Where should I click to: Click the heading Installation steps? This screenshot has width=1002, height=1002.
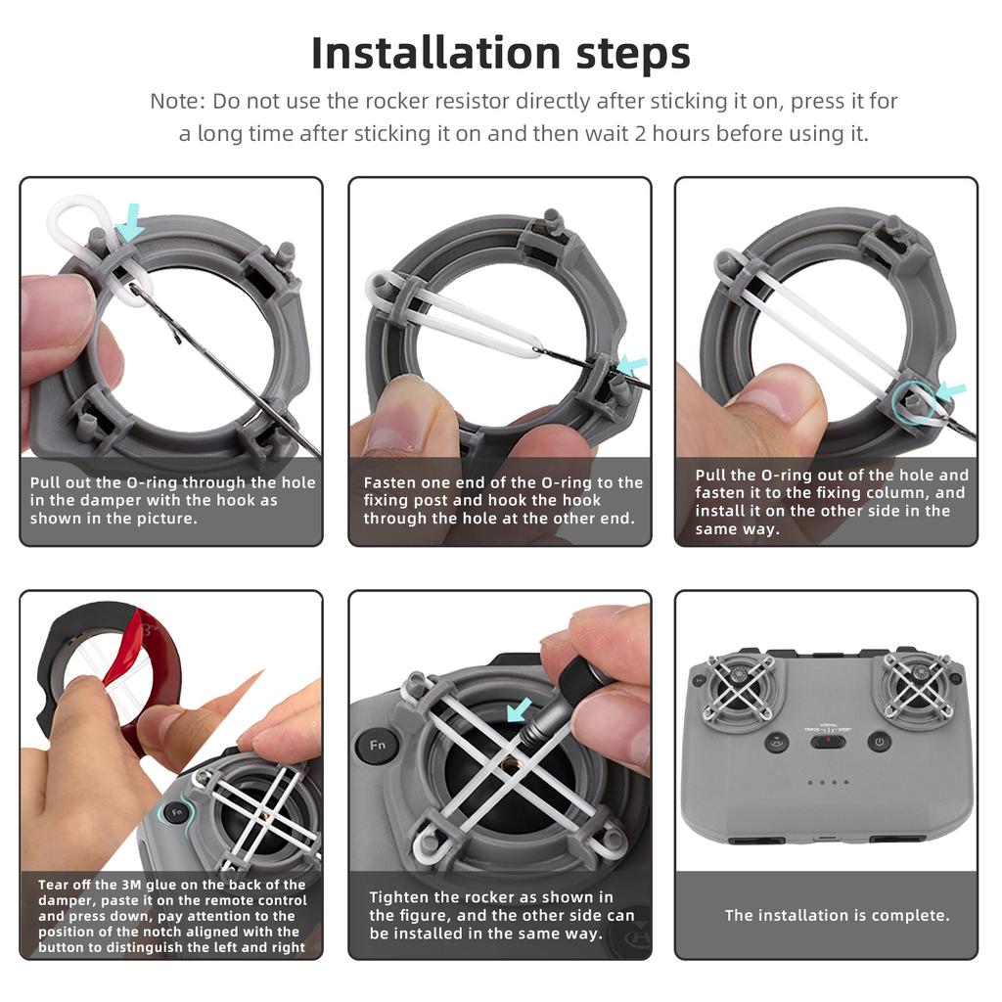[500, 54]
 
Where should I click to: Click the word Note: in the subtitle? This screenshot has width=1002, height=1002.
[177, 101]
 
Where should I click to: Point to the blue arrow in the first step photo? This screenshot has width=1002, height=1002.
[129, 222]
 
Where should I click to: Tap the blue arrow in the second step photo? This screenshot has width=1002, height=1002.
[632, 365]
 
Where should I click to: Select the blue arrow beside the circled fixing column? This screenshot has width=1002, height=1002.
[950, 391]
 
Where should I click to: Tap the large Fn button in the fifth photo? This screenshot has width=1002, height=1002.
[376, 746]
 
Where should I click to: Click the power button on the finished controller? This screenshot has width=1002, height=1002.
[879, 742]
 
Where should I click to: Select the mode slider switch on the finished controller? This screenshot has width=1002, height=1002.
[827, 741]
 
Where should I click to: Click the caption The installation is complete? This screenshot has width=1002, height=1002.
[837, 916]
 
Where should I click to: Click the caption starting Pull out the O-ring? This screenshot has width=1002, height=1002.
[172, 500]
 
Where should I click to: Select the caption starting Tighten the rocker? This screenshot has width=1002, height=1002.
[501, 915]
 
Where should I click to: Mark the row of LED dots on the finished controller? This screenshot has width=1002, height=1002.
[827, 782]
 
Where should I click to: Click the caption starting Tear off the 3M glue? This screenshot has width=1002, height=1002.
[171, 916]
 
